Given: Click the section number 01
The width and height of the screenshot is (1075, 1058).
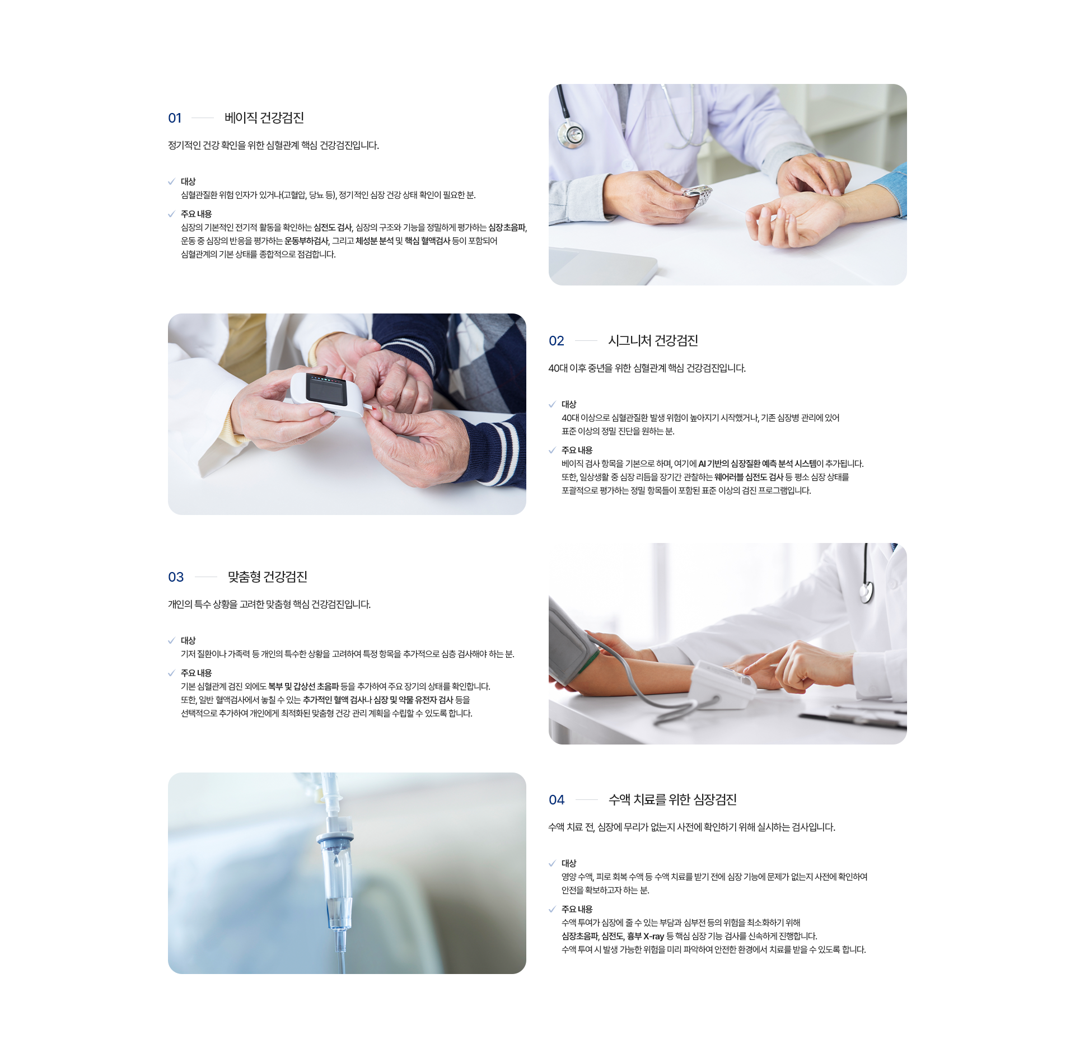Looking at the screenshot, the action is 175,118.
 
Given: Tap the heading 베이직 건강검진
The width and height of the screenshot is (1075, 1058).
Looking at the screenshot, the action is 264,118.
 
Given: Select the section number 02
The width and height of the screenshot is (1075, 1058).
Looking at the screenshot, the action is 556,341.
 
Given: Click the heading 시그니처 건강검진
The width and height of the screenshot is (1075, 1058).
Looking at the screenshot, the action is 653,340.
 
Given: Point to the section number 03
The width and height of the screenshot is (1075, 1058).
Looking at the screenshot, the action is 176,577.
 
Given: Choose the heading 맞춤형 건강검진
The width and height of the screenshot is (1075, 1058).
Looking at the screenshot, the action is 268,577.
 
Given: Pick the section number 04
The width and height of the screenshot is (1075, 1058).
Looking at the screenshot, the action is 557,800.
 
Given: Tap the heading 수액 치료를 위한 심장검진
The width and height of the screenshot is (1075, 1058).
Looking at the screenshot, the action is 672,799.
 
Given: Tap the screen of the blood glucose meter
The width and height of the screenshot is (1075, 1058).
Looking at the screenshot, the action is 328,390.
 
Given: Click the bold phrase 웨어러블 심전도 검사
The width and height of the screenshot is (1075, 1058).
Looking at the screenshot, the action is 749,477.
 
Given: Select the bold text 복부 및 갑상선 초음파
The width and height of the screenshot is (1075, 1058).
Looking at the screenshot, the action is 303,686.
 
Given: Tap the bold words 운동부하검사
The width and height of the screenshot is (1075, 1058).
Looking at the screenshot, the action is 306,241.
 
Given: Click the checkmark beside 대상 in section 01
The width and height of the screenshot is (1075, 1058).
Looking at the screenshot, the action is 171,181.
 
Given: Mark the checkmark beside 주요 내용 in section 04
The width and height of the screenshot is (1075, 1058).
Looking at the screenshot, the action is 552,909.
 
